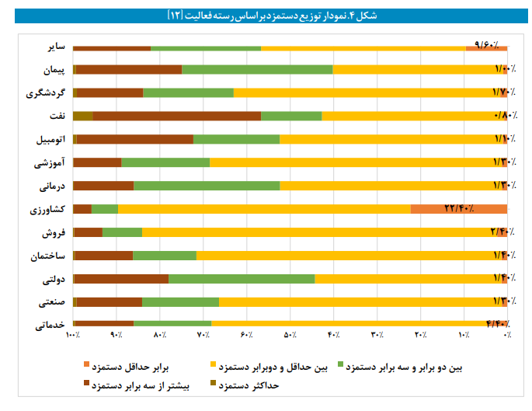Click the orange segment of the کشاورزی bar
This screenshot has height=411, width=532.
[x=458, y=208]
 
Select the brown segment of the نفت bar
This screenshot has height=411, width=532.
[x=177, y=117]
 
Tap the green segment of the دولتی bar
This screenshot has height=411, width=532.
[x=242, y=278]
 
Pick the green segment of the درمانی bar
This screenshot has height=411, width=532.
[x=207, y=186]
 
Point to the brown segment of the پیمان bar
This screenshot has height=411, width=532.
[x=129, y=70]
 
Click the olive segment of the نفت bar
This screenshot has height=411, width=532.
[x=83, y=117]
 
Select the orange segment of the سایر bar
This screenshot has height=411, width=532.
[x=486, y=47]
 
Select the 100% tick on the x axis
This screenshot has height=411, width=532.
[x=73, y=335]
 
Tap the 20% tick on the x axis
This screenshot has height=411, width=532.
[x=420, y=335]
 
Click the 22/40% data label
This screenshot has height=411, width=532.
[x=464, y=208]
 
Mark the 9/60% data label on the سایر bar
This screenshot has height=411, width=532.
[x=486, y=44]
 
